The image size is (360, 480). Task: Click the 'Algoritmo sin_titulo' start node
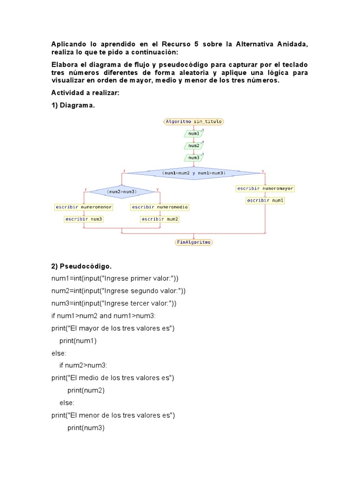194,121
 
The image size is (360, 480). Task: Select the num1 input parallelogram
194,134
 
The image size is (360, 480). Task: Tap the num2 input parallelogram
194,146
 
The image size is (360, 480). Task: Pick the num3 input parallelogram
194,158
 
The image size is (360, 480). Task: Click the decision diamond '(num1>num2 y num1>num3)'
194,173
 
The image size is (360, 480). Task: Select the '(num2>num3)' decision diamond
121,192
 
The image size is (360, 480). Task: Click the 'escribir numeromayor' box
265,188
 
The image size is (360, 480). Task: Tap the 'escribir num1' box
265,201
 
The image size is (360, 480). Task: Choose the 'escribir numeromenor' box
83,207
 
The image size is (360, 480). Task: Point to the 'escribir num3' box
83,219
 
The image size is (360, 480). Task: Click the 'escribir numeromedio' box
160,207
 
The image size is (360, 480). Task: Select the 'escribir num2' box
160,219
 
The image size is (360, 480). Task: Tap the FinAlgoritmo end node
194,242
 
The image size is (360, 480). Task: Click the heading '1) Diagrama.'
73,105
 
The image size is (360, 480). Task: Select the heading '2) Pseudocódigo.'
82,266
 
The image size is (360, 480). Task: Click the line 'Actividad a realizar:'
85,93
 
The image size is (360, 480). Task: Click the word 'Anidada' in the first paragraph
293,44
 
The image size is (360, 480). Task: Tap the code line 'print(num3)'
86,427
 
